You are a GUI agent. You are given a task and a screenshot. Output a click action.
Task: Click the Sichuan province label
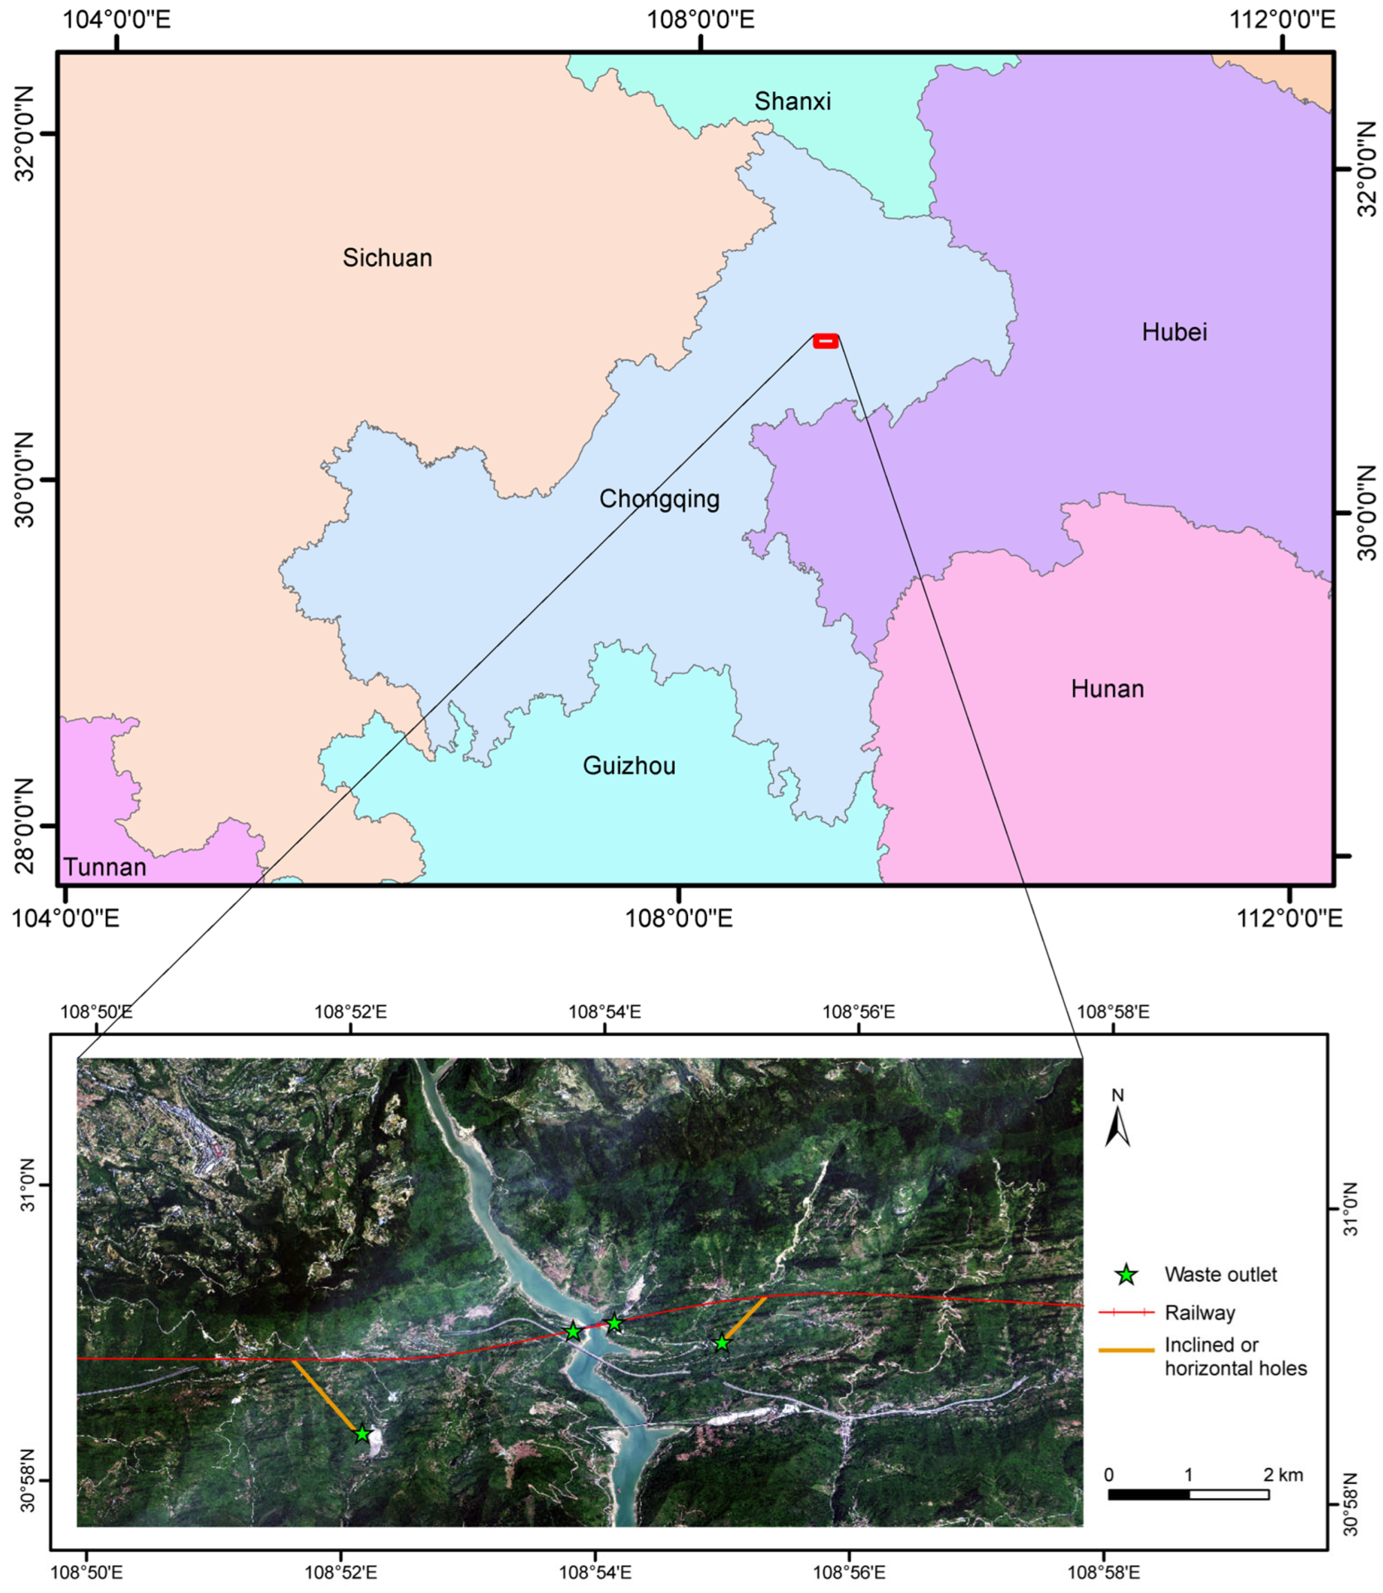pos(387,258)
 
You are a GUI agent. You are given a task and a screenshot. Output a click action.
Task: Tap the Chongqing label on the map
pos(659,499)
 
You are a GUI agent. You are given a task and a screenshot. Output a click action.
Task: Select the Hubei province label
pos(1174,333)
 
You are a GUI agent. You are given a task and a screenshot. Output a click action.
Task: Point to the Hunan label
pos(1107,689)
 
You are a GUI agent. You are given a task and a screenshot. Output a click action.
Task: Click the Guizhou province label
pos(629,766)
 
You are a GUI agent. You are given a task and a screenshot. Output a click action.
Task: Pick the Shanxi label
pos(793,101)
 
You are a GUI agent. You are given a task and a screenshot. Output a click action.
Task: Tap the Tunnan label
pos(105,867)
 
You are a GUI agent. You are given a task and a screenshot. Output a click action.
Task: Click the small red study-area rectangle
pos(826,341)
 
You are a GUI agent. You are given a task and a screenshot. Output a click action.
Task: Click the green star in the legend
pos(1127,1275)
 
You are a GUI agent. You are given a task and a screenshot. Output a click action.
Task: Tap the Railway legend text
pos(1200,1313)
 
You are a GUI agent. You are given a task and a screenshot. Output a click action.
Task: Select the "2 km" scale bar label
pos(1283,1475)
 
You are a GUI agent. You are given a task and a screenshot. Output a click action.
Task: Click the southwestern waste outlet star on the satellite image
pos(362,1434)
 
